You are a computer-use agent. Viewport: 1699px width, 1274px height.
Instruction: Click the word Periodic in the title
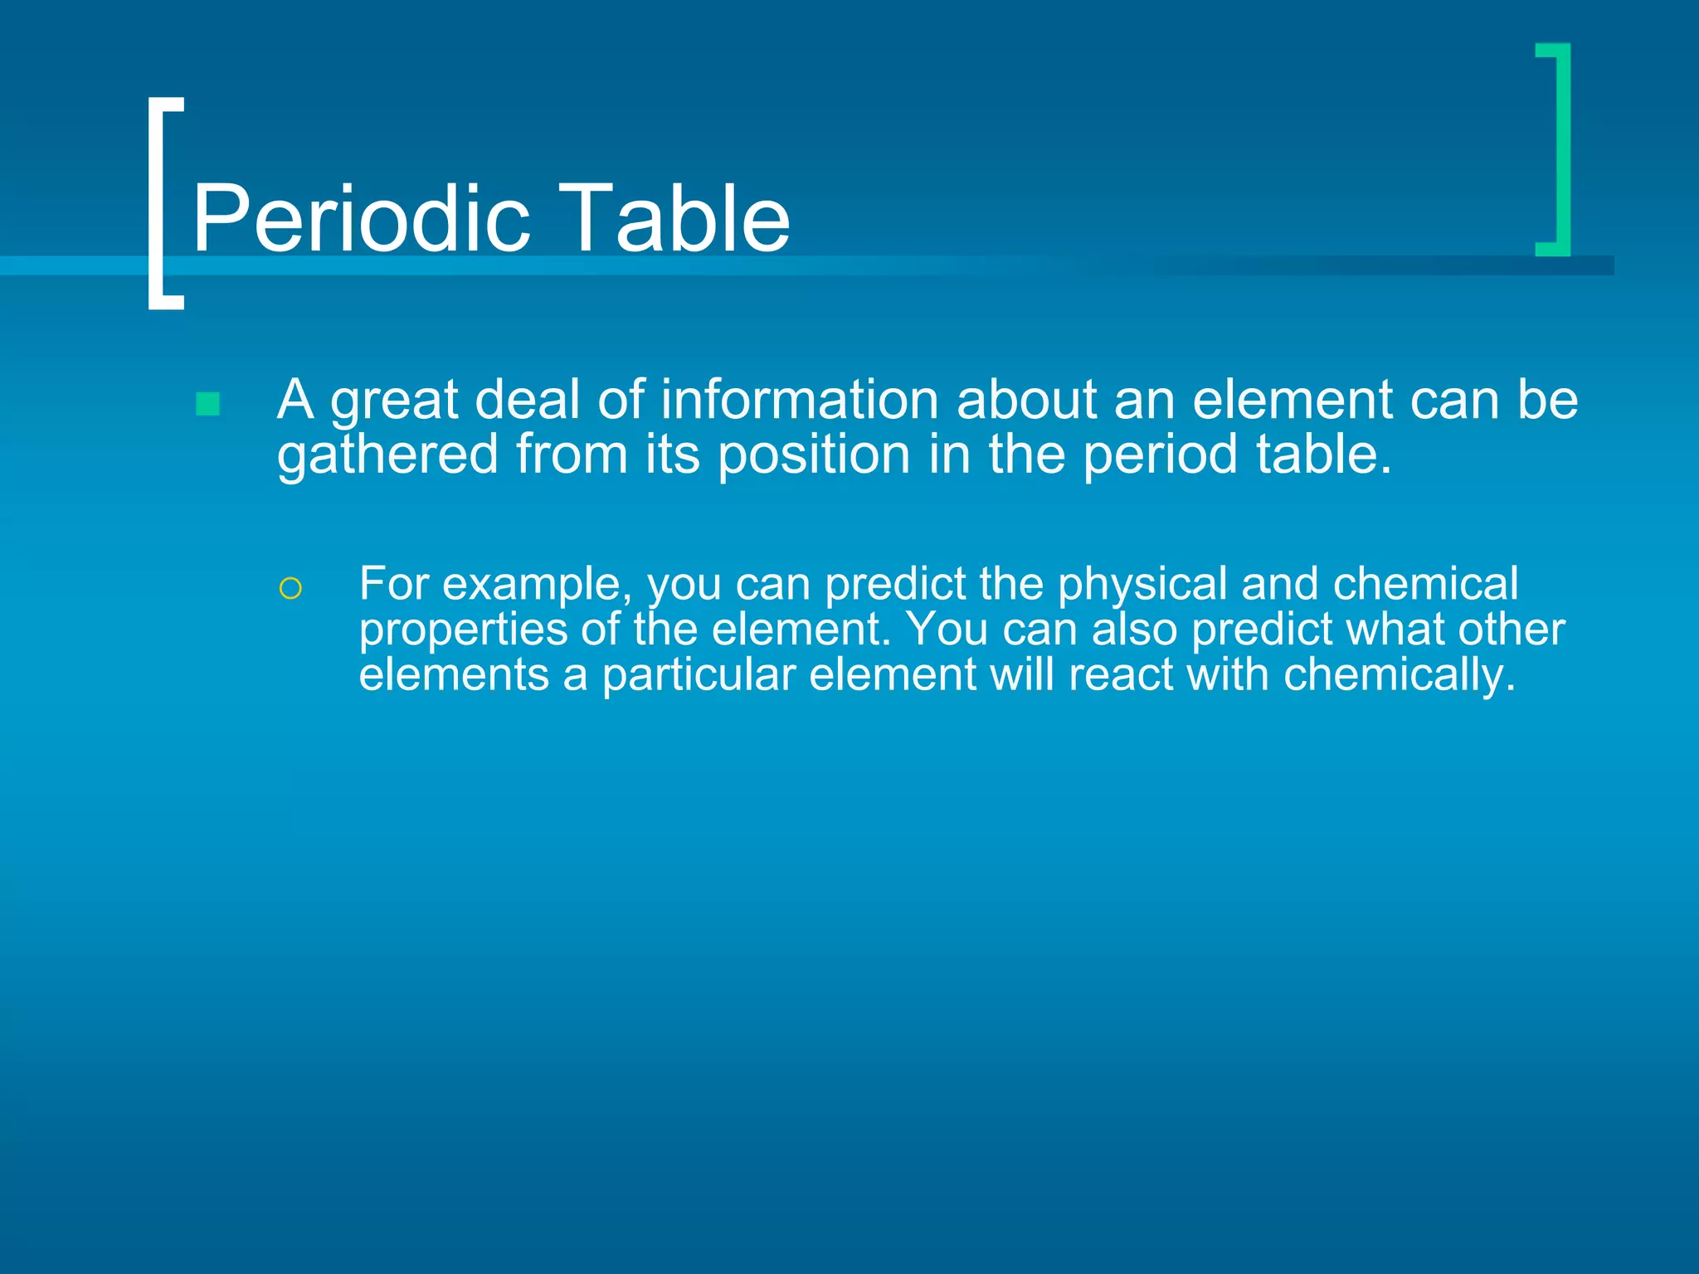361,218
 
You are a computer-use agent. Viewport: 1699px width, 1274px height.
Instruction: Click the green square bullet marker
207,404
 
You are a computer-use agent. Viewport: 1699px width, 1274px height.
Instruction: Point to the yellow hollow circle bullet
290,589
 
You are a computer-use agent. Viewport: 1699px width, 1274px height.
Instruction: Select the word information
800,400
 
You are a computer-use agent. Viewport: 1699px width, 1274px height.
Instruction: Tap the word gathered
387,455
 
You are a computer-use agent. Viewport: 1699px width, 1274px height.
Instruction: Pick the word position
814,455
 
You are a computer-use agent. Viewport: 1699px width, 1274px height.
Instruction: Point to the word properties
462,630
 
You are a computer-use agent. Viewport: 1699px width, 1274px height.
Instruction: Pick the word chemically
1399,675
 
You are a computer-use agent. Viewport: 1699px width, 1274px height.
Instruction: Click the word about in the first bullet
1026,400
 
